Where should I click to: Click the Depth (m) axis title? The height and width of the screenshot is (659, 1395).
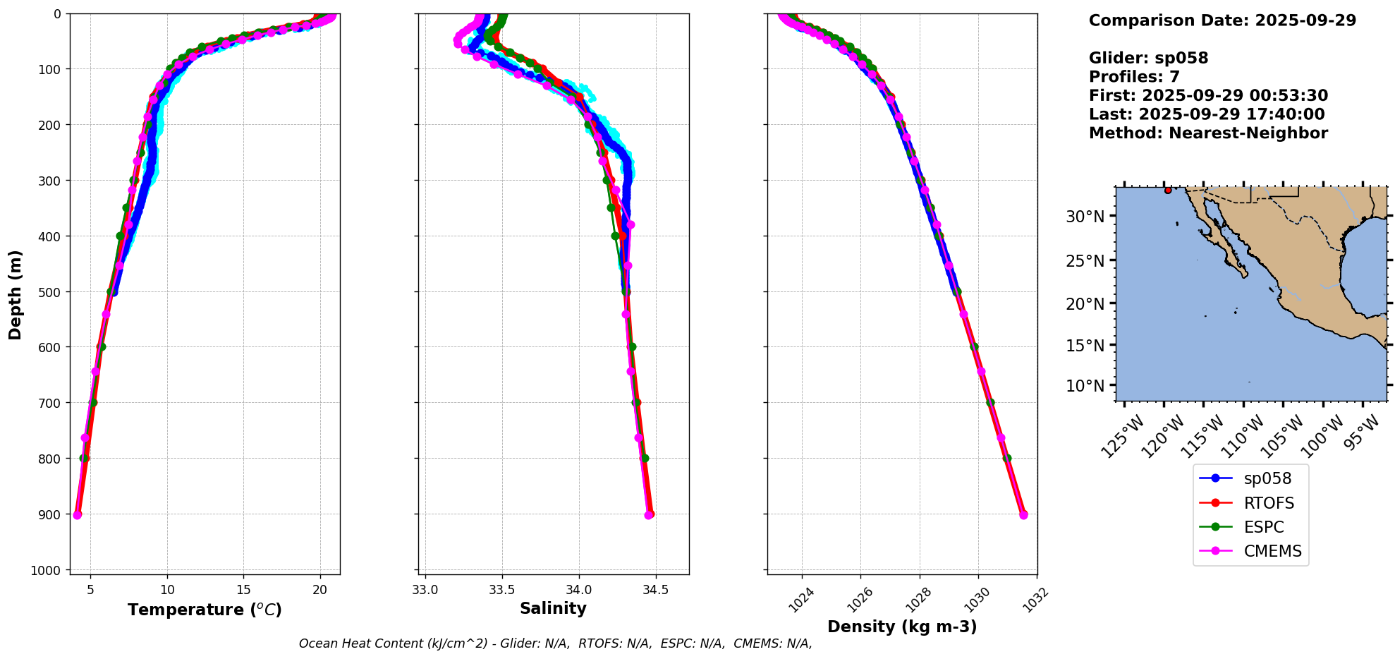[x=15, y=294]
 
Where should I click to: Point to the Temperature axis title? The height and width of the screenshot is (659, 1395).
[x=205, y=610]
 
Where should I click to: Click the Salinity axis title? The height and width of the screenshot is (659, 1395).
[x=553, y=608]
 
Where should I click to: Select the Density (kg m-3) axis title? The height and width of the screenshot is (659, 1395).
[x=902, y=627]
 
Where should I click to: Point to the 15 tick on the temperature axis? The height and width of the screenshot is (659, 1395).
[x=243, y=590]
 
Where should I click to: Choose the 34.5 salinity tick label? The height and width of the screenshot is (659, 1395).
[x=655, y=590]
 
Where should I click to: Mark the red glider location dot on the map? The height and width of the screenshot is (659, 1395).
[x=1168, y=191]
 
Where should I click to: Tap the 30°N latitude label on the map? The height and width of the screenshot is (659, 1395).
[x=1085, y=217]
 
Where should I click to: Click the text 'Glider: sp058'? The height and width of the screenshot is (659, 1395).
[x=1148, y=58]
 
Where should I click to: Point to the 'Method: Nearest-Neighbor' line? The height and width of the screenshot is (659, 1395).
[x=1208, y=133]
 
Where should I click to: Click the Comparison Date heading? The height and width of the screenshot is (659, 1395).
[x=1222, y=20]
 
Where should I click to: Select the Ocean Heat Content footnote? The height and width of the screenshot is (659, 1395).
[x=555, y=643]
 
